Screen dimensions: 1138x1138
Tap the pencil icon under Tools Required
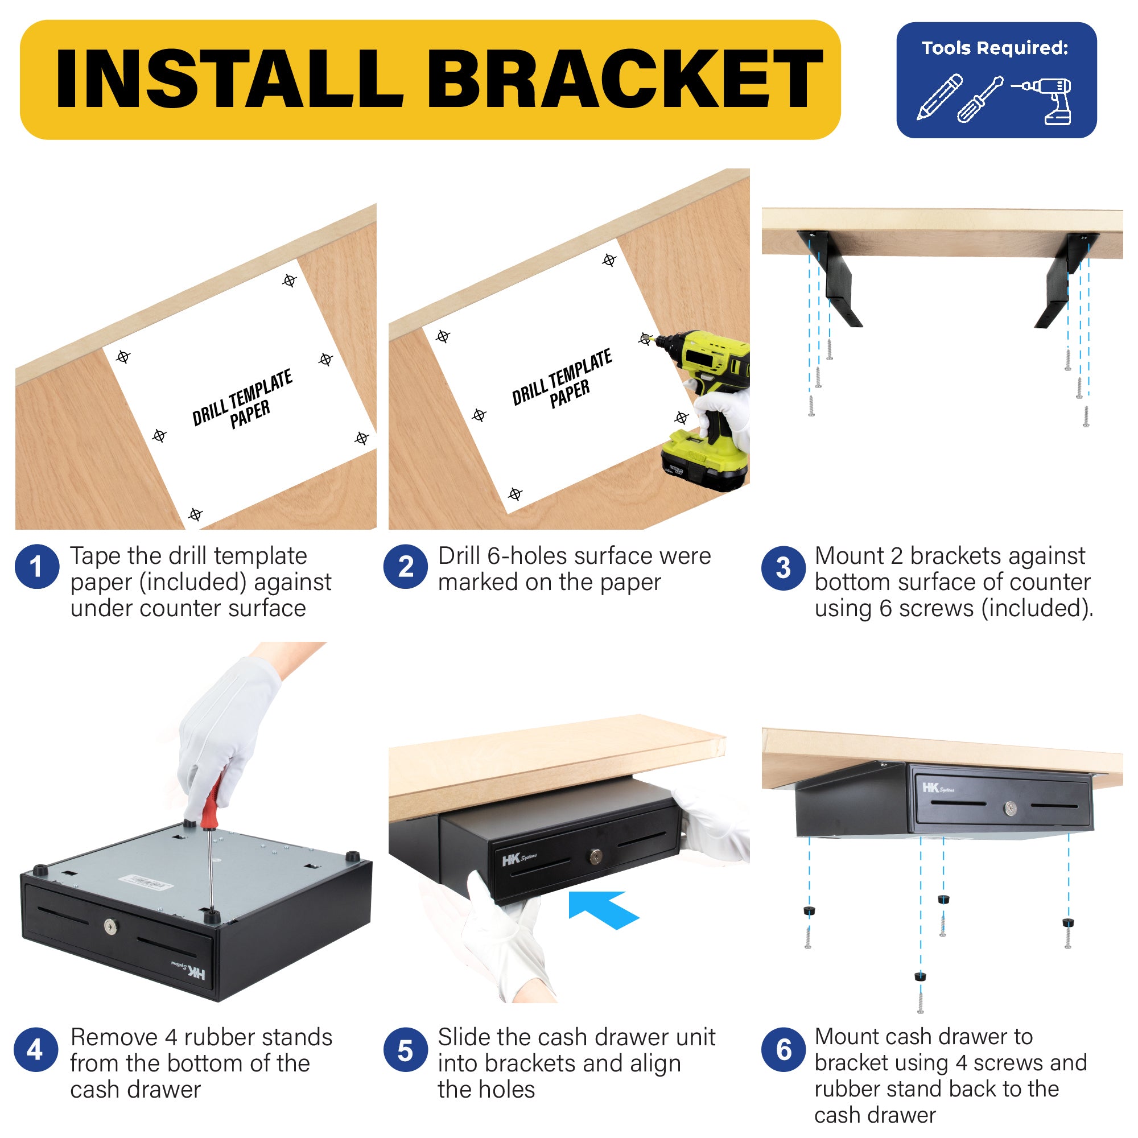coord(939,97)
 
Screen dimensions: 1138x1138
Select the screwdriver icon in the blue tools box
coord(980,99)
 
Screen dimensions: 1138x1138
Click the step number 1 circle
coord(36,567)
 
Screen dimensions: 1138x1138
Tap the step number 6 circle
coord(784,1050)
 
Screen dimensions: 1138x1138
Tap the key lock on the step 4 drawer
coord(110,927)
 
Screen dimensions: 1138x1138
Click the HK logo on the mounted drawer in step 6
coord(938,788)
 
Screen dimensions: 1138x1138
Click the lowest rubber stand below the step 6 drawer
coord(921,976)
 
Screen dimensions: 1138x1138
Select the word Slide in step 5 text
coord(466,1037)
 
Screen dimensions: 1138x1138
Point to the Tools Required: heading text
coord(995,48)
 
